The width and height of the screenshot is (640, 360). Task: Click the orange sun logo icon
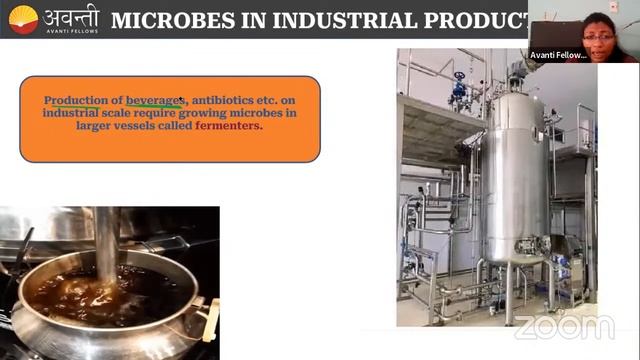click(22, 19)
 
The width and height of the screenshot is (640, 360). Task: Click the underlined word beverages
click(154, 102)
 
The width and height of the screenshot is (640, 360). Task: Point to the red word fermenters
click(229, 127)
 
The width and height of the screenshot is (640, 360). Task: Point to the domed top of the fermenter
click(516, 101)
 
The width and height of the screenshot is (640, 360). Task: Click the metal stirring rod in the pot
click(106, 240)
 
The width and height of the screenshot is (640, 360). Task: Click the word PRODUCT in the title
click(481, 20)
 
